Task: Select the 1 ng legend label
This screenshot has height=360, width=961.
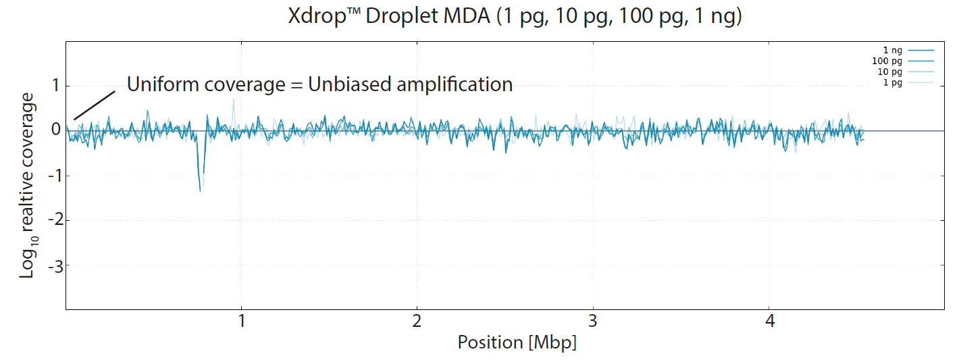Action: (893, 50)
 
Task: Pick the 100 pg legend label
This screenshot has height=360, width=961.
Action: (887, 61)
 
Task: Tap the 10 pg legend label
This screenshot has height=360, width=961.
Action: (890, 72)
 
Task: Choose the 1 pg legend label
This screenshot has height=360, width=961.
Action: (893, 82)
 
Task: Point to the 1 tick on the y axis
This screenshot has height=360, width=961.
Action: (55, 86)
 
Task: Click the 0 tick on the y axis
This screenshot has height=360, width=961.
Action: (55, 130)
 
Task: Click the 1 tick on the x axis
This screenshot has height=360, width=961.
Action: (241, 322)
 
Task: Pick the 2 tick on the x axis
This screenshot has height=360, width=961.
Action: (417, 322)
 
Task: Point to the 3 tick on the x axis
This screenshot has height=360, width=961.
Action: (593, 322)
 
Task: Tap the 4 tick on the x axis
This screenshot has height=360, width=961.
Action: (769, 322)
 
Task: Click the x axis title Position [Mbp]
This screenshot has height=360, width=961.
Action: (517, 342)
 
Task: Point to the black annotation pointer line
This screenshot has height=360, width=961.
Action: (94, 105)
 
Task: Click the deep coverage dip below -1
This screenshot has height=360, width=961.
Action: (200, 186)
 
